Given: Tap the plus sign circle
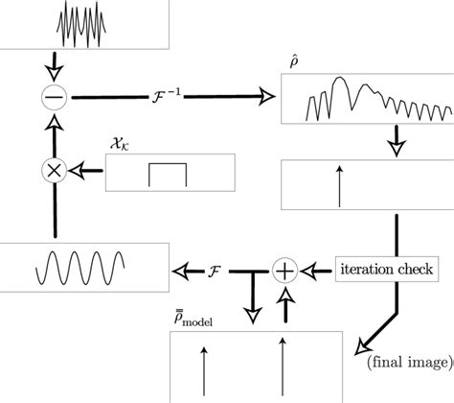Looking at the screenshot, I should pyautogui.click(x=284, y=271).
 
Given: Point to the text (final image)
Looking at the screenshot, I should pyautogui.click(x=405, y=361).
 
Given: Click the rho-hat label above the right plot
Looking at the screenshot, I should pyautogui.click(x=293, y=60).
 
